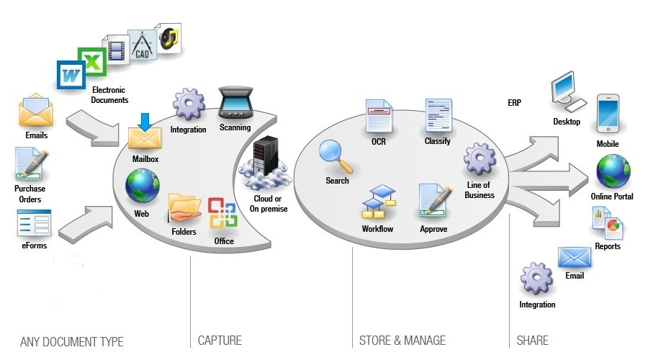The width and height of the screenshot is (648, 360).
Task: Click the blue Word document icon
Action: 71,74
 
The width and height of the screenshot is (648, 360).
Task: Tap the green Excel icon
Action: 91,59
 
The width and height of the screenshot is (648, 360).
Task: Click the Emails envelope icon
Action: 36,114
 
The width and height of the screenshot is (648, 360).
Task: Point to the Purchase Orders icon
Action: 30,165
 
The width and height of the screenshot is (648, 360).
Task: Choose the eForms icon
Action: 34,222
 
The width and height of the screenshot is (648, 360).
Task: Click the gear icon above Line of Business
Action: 480,159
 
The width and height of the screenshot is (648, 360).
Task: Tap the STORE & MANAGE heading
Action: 402,341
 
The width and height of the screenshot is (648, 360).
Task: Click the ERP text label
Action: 514,103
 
